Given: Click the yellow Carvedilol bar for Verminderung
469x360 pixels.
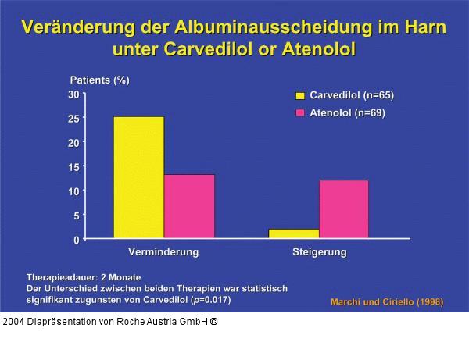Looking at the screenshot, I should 138,177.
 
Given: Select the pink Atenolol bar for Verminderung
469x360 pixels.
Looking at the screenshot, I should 189,206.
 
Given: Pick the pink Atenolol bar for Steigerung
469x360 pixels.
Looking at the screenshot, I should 344,209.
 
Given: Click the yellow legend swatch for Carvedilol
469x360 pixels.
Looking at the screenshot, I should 299,96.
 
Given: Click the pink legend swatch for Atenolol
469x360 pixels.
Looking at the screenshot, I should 299,114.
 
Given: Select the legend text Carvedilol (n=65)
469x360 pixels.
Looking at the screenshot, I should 352,96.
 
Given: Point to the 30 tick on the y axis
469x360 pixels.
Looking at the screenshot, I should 73,94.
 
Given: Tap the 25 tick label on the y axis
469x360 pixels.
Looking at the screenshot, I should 73,119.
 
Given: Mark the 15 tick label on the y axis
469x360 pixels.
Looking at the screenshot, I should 73,167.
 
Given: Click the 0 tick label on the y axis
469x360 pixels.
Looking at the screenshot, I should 76,240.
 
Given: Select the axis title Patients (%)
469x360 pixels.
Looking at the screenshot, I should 100,80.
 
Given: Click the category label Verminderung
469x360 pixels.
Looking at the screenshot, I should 163,253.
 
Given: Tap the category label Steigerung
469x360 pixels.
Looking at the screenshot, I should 319,253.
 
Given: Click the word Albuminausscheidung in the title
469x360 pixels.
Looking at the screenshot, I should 258,27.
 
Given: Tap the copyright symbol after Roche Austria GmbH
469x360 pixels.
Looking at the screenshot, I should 213,322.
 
